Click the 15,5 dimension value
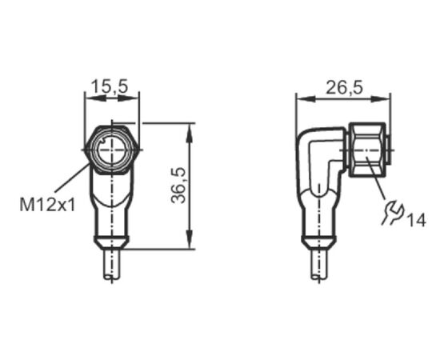pyautogui.click(x=110, y=86)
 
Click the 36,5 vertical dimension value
pyautogui.click(x=178, y=185)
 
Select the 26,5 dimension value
pyautogui.click(x=344, y=87)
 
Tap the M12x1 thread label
pyautogui.click(x=48, y=205)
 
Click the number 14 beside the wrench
pyautogui.click(x=417, y=220)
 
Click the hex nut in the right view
pyautogui.click(x=367, y=150)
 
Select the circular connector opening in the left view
pyautogui.click(x=112, y=150)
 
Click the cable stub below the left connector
pyautogui.click(x=112, y=264)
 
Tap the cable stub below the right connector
pyautogui.click(x=319, y=264)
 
